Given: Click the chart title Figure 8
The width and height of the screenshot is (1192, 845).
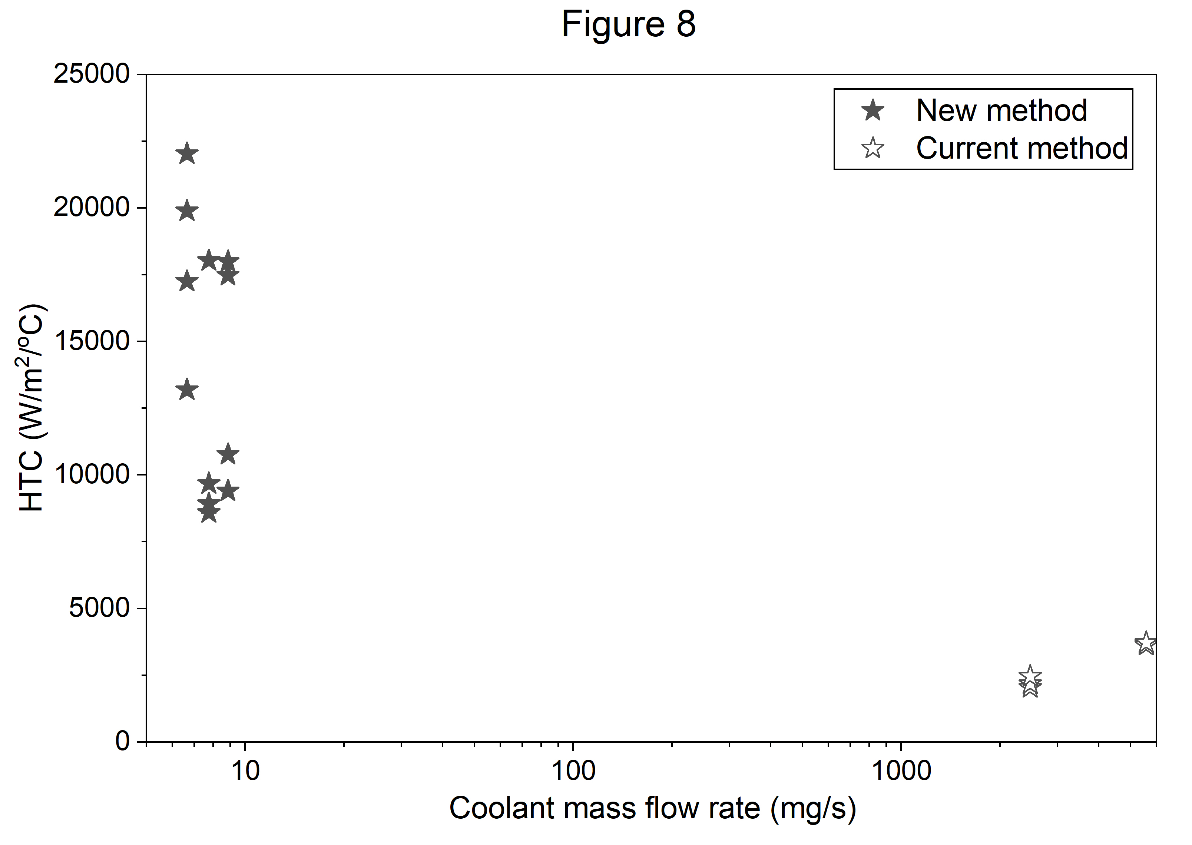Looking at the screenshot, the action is pos(629,24).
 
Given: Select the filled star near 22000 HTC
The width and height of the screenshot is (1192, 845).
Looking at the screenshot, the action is pos(187,153).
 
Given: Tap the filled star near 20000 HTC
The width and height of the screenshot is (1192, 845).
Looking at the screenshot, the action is pos(187,211).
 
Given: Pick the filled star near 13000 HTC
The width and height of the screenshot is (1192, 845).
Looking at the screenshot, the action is pos(187,390).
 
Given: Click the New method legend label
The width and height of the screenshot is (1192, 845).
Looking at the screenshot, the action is pos(1001,110).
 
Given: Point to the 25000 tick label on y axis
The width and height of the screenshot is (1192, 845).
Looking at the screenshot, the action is pos(92,74).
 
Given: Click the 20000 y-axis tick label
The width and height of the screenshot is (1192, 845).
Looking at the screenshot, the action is pos(92,208).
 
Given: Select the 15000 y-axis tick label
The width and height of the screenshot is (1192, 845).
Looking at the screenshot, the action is pos(92,341).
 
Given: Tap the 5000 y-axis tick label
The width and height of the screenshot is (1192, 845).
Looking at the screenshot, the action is pos(99,608).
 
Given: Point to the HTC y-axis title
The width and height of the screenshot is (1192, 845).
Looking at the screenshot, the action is pos(32,408).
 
